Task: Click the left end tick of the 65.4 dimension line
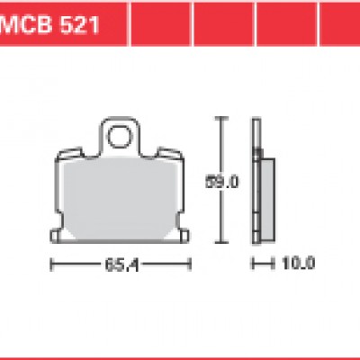50,265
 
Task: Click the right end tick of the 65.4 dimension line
191,265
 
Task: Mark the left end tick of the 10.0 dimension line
253,265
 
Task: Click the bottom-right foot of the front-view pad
184,235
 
